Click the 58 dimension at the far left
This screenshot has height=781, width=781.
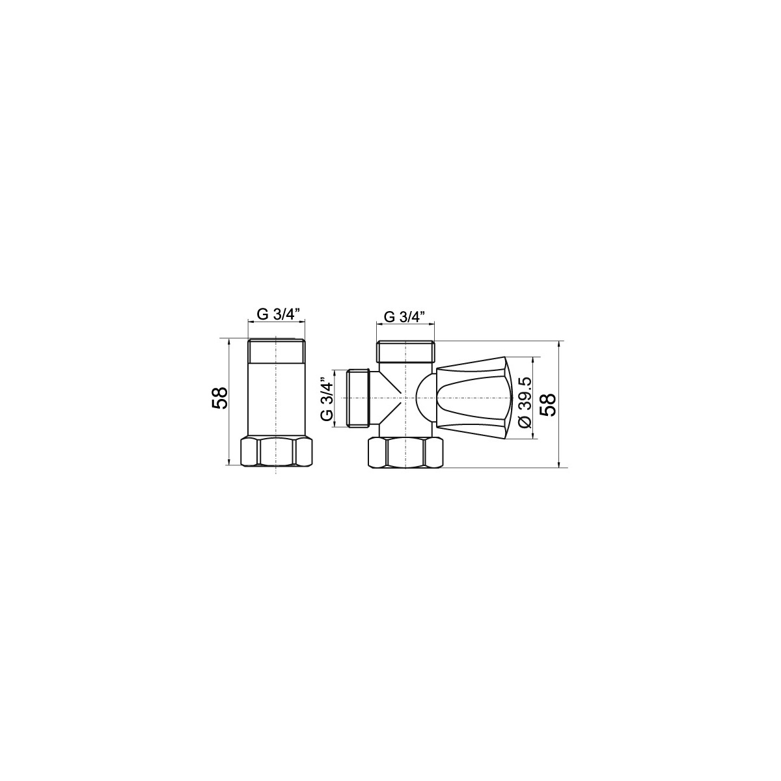220,398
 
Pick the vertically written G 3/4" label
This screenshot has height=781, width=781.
326,399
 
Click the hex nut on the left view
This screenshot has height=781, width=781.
277,451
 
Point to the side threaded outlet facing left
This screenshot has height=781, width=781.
357,398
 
